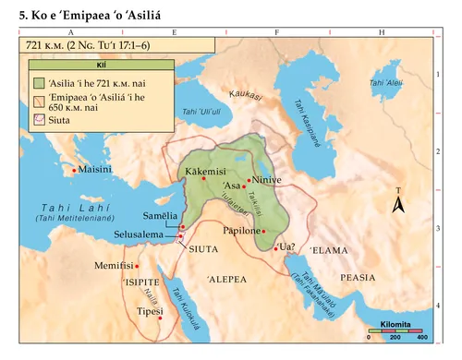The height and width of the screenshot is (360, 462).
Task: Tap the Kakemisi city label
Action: (205, 171)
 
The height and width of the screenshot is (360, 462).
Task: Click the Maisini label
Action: (96, 171)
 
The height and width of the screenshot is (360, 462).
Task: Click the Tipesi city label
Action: (140, 312)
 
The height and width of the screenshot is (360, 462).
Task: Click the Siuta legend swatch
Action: (38, 120)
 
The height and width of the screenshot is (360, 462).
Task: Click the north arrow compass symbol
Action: (398, 205)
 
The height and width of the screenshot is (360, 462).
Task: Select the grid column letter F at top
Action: (276, 31)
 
